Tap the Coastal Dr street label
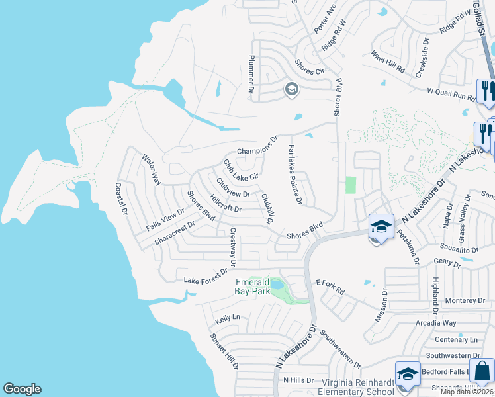click(120, 199)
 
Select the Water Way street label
click(152, 169)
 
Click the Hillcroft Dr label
click(225, 203)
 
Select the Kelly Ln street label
click(227, 318)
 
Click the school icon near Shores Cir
click(291, 89)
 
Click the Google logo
click(22, 389)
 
